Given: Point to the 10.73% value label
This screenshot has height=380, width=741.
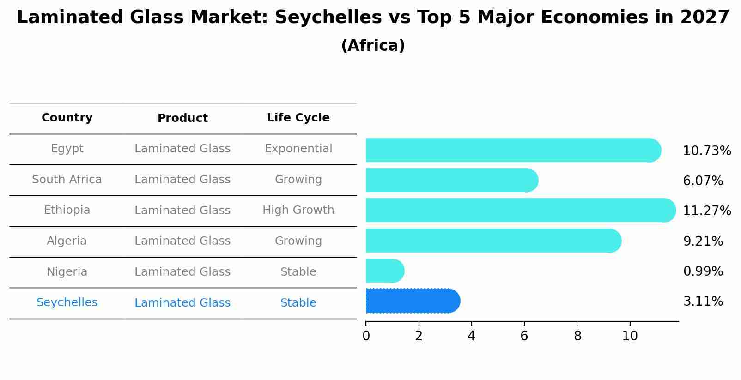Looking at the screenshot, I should coord(706,151).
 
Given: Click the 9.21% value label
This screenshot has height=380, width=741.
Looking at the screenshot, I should coord(703,241).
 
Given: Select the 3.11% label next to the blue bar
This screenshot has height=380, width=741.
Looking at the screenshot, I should coord(703,302).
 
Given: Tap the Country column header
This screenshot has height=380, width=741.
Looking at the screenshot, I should coord(67,118).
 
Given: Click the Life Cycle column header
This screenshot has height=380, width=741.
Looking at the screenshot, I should coord(298,118).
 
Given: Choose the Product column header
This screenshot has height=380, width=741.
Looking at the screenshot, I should coord(182,118).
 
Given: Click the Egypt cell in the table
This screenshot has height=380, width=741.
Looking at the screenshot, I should coord(67,149).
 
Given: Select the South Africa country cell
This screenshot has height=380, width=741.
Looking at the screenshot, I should coord(67,180).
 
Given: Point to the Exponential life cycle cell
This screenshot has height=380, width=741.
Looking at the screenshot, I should coord(298,149).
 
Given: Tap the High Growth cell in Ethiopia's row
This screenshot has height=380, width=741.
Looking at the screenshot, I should coord(298,210).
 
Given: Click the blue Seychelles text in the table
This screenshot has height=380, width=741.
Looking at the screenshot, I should coord(67,302).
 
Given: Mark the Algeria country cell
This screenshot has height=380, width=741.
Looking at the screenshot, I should coord(67,241).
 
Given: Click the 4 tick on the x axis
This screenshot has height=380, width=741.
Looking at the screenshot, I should coord(471,336).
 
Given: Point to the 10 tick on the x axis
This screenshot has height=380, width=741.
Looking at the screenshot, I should coord(630,336).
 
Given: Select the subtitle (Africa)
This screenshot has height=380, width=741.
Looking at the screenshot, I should coord(373,46).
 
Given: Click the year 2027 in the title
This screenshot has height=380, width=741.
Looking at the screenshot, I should coord(705,18).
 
